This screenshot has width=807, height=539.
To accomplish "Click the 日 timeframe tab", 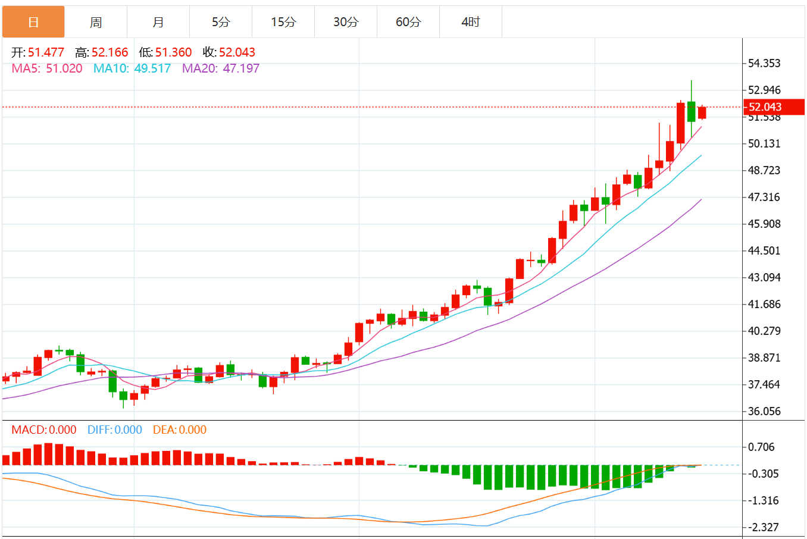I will coord(33,22).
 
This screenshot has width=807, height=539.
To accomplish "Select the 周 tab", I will coord(96,22).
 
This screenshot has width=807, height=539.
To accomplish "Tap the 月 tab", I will coord(158,22).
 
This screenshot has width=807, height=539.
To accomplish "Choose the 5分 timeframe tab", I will coord(221,22).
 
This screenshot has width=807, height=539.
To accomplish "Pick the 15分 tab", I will coord(283,22).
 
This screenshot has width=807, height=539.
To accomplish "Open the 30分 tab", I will coord(346,22).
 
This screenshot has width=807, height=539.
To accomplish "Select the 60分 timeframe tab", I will coord(408,22).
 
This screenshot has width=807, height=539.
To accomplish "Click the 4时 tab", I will coord(471,22).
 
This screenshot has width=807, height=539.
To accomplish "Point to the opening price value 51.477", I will coord(46,52).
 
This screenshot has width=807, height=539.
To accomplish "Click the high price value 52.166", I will coord(110,52).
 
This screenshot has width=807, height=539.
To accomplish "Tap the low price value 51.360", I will coord(174,52).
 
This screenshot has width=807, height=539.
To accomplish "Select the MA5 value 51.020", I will coord(64,68).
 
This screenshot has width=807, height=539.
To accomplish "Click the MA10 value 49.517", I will coord(152,68).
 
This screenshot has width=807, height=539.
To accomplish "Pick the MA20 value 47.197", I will coord(241,68).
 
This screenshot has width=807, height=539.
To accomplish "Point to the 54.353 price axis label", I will coord(764,63).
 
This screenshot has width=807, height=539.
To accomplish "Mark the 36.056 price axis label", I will coord(764,411).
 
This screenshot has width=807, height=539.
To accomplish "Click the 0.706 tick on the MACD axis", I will coord(761,447).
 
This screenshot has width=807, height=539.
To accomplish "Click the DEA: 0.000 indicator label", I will coord(180,430).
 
